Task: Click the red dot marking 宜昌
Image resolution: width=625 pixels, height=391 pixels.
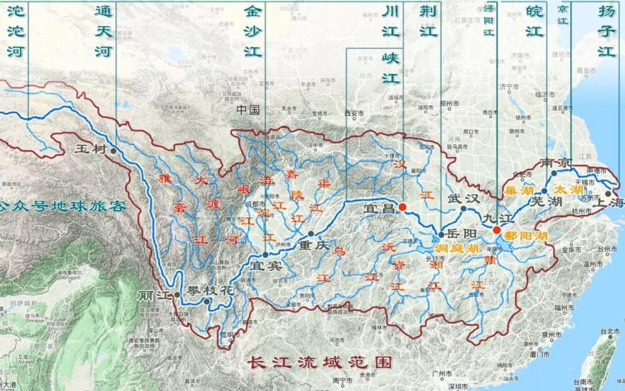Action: click(x=402, y=207)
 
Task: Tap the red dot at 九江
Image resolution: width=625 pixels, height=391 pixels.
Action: click(x=497, y=230)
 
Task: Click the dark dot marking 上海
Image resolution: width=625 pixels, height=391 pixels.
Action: click(x=608, y=194)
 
